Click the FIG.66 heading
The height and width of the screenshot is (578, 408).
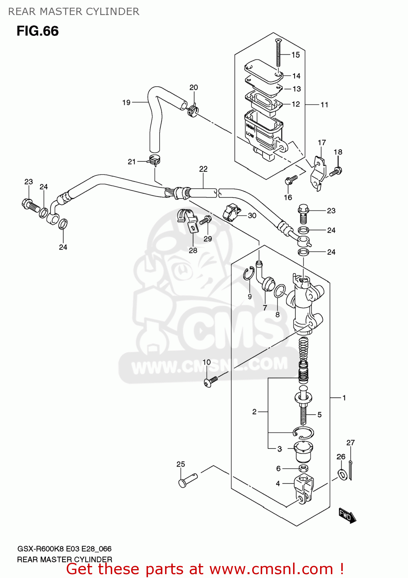tap(37, 31)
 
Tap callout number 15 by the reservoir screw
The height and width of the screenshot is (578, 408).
tap(295, 55)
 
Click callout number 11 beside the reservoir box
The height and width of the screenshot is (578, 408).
tap(324, 104)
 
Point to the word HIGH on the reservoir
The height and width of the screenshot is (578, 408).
tap(250, 126)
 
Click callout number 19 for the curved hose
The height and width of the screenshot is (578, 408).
tap(126, 102)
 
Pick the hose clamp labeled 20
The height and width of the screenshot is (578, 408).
tap(193, 110)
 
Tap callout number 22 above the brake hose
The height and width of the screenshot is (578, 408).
tap(203, 169)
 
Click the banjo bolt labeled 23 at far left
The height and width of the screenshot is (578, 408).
tap(30, 205)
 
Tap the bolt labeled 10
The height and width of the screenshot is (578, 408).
tap(210, 381)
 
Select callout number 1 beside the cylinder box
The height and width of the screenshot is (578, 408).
tap(344, 398)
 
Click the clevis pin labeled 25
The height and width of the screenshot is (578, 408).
tap(187, 480)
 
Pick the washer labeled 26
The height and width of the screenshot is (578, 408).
tap(342, 474)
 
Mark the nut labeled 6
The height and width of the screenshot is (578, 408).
tap(303, 468)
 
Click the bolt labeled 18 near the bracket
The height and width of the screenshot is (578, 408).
tap(336, 171)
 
